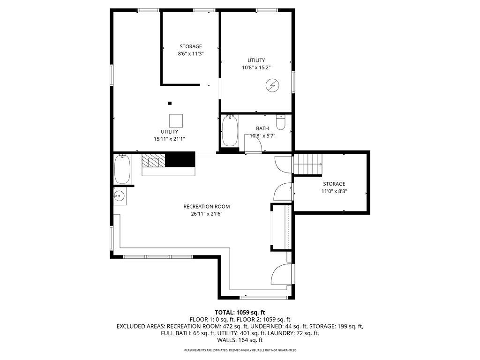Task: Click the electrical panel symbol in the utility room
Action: click(x=271, y=85)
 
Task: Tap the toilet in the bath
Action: click(x=281, y=123)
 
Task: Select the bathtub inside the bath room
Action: click(x=229, y=131)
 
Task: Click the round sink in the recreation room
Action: click(x=119, y=197)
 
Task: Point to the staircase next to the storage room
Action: click(x=307, y=165)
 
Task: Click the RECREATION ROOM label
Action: click(x=206, y=206)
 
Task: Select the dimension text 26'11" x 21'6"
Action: click(x=206, y=214)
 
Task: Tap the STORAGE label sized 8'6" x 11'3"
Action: click(x=191, y=46)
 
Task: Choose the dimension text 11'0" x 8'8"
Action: click(x=334, y=191)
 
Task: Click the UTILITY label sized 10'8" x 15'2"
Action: click(x=256, y=60)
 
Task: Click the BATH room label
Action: click(x=262, y=128)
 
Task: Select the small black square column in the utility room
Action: click(x=170, y=103)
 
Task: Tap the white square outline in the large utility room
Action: click(x=177, y=120)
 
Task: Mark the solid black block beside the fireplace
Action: click(x=181, y=159)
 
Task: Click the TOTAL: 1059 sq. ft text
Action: click(x=240, y=312)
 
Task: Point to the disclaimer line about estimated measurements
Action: click(x=240, y=350)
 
